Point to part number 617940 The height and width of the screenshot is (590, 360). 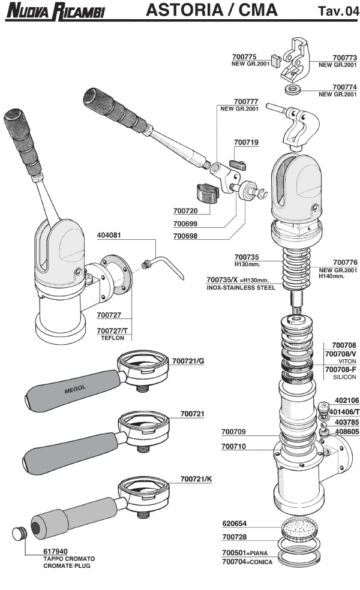click(x=56, y=551)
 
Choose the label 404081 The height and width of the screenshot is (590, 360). click(x=109, y=236)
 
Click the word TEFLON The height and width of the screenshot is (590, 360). click(x=112, y=338)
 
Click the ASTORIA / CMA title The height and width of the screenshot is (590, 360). click(x=211, y=10)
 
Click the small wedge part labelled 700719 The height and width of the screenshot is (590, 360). click(x=238, y=161)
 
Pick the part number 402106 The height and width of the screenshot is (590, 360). click(x=346, y=401)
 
